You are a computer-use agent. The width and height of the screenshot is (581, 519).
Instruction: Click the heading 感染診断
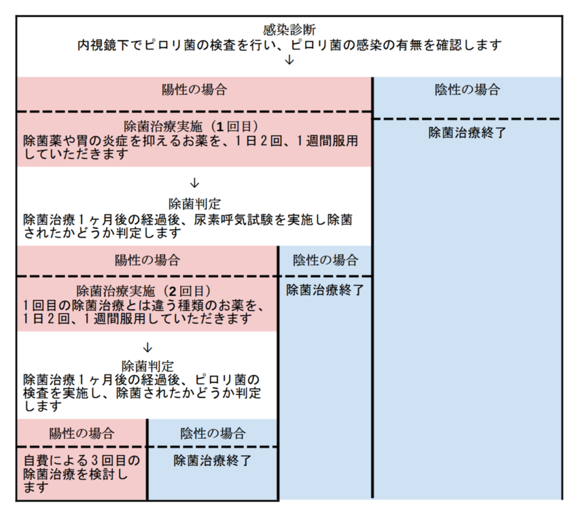(289, 30)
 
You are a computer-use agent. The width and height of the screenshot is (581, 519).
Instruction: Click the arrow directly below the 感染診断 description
(289, 60)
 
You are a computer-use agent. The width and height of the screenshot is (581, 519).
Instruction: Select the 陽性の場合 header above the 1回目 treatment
(194, 90)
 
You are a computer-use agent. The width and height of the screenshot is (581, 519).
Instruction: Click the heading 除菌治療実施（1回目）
(191, 127)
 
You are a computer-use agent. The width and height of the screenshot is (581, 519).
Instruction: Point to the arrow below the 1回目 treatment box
(195, 182)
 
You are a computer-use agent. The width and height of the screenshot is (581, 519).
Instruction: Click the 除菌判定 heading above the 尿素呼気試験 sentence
(195, 204)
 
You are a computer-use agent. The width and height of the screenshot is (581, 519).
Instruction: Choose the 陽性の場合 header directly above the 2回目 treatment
(148, 260)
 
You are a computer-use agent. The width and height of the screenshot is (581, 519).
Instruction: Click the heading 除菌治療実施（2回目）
(144, 291)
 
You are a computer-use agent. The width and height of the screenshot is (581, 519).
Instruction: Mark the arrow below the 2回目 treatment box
(148, 348)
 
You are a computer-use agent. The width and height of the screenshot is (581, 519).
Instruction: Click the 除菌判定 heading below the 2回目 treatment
(148, 366)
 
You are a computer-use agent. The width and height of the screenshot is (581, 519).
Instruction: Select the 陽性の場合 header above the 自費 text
(82, 434)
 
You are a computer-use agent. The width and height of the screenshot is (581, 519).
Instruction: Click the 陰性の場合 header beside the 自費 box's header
(213, 434)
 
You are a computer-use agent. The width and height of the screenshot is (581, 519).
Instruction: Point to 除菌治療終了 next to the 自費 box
(213, 461)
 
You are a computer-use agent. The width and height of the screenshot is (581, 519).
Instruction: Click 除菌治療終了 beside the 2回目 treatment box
(325, 290)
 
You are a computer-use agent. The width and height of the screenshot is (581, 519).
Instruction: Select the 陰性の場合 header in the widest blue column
(467, 90)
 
